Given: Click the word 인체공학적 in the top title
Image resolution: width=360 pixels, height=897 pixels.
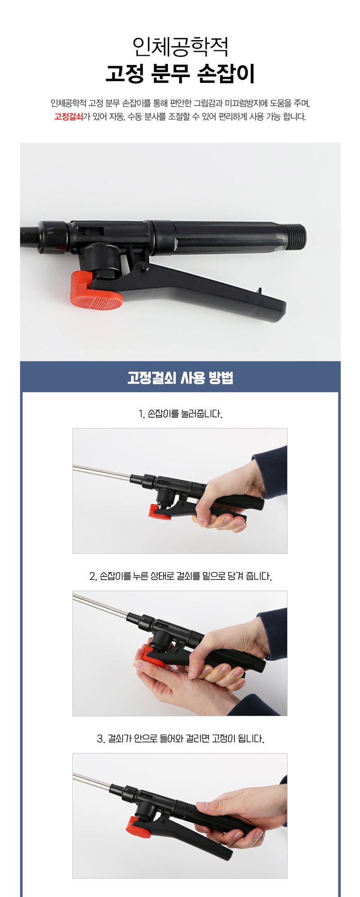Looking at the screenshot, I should pyautogui.click(x=180, y=46).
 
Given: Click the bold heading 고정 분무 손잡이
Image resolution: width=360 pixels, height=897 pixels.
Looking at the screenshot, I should pyautogui.click(x=180, y=73).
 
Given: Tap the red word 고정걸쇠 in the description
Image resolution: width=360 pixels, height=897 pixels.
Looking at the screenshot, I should pyautogui.click(x=68, y=117).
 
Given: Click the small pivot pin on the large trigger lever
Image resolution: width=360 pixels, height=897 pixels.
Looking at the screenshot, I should pyautogui.click(x=144, y=269).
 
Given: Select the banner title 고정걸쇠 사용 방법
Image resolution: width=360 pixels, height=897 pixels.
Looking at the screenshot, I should pyautogui.click(x=180, y=378).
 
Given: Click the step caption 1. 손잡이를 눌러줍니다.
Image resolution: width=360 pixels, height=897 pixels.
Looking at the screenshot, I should pyautogui.click(x=180, y=414).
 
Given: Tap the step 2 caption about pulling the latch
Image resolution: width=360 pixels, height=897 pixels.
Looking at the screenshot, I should pyautogui.click(x=180, y=576).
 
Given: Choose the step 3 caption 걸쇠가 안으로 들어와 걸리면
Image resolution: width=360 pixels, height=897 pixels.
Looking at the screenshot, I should pyautogui.click(x=180, y=739).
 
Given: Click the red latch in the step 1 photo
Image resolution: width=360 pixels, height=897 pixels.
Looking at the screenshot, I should pyautogui.click(x=159, y=512).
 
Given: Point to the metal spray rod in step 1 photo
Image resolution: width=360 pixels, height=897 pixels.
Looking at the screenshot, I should pyautogui.click(x=101, y=472).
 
